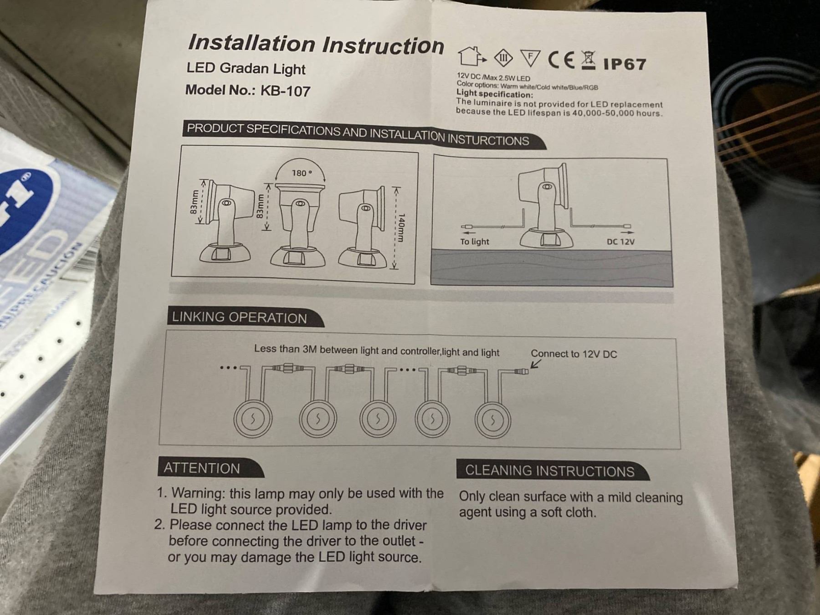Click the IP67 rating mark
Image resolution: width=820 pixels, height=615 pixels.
(x=625, y=64)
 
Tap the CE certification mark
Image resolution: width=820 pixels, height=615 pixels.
(x=562, y=60)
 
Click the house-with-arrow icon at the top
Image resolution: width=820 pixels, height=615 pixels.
(x=471, y=56)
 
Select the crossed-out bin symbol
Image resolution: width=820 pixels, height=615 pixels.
(x=589, y=61)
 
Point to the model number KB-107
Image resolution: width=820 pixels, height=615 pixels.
(x=285, y=91)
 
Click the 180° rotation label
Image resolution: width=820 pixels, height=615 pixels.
(x=302, y=173)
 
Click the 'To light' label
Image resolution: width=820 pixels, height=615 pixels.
(x=474, y=241)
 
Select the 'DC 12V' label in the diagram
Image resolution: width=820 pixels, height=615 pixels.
(x=620, y=241)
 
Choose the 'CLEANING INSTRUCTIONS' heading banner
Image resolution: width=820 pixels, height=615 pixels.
(x=552, y=470)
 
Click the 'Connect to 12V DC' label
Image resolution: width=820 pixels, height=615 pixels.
(x=574, y=354)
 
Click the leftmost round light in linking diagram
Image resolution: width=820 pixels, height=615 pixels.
(x=253, y=419)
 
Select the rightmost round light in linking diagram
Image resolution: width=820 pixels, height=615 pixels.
(x=492, y=420)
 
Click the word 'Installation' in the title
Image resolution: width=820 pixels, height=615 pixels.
(x=252, y=43)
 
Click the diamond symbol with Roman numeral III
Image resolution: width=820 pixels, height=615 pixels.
(x=503, y=58)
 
